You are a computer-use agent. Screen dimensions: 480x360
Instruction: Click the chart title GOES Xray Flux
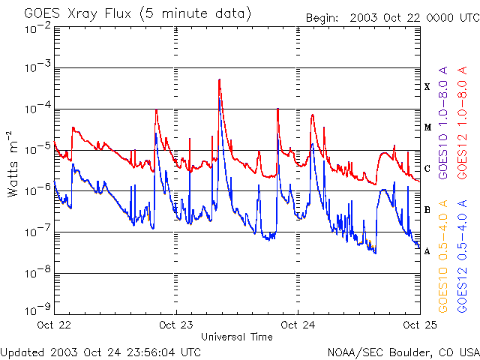tap(77, 14)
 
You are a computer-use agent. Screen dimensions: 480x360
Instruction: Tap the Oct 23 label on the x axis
tap(175, 325)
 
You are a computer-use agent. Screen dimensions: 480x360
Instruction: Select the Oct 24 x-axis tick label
tap(298, 325)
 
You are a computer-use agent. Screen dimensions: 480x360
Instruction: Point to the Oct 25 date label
tap(420, 325)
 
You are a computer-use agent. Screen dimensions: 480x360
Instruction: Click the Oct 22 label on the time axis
tap(54, 325)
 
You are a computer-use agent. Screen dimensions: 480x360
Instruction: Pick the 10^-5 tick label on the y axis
tap(37, 148)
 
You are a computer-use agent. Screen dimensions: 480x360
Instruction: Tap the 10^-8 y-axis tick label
tap(37, 271)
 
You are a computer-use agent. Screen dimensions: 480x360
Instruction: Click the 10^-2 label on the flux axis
tap(37, 28)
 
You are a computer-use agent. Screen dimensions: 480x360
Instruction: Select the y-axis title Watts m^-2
tap(12, 164)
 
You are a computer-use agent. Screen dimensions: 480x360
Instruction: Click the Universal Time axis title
tap(237, 337)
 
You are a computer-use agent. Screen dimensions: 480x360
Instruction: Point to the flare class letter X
tap(427, 87)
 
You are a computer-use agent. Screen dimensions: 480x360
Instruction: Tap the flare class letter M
tap(427, 127)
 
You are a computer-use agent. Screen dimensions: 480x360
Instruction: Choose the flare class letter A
tap(427, 251)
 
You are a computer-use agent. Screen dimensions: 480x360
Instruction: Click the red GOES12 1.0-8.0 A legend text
tap(462, 123)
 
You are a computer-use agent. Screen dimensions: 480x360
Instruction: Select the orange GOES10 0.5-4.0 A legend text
tap(443, 256)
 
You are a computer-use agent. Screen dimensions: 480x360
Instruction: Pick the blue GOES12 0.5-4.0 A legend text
tap(462, 256)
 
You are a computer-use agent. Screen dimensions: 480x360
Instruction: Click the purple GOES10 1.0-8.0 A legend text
tap(443, 123)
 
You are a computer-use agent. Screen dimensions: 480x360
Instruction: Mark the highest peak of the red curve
tap(219, 79)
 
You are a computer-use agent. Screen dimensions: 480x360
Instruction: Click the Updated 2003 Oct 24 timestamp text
tap(100, 352)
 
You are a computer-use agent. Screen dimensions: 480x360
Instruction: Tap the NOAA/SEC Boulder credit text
tap(403, 352)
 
